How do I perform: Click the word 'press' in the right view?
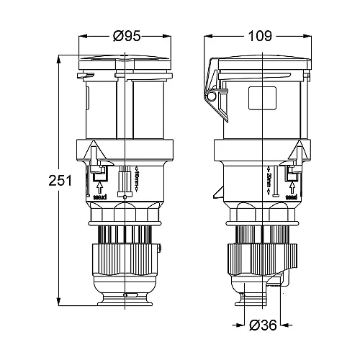[x=292, y=195]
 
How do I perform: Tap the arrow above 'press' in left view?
[x=100, y=184]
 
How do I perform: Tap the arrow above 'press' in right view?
[x=292, y=184]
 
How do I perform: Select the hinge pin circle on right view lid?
[x=212, y=96]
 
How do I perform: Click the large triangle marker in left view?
[x=94, y=152]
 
